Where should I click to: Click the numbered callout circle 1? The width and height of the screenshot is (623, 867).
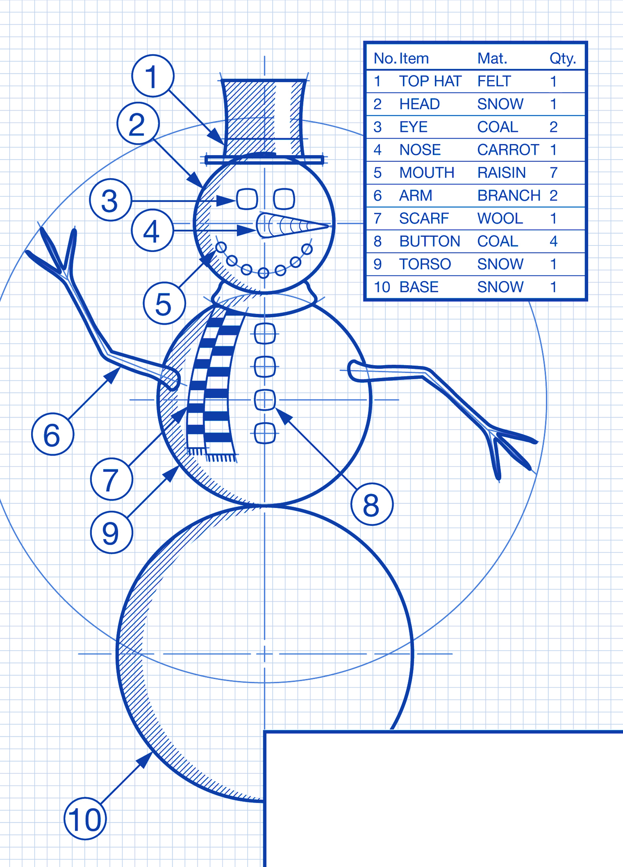coord(153,76)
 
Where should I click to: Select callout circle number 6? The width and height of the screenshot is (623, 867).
coord(53,434)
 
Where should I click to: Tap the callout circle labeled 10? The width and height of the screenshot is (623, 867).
coord(85,819)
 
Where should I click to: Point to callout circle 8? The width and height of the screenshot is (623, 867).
coord(372,505)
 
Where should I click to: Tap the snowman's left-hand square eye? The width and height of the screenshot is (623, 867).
coord(247,199)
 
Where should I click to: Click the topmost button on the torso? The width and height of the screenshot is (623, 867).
coord(265,334)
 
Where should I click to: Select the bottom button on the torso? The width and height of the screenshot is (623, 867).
coord(265,433)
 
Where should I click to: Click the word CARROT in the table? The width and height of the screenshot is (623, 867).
coord(508,150)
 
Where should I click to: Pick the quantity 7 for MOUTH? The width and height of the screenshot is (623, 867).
coord(553,173)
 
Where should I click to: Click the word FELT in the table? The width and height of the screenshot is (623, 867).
coord(494,81)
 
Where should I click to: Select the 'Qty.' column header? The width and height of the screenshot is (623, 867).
coord(562,59)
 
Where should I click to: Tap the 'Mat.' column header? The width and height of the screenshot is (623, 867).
coord(492,59)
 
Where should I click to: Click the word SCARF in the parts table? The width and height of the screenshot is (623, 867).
coord(424,219)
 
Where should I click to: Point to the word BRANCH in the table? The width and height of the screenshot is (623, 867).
coord(509,196)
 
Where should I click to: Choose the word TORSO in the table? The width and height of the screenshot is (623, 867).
coord(425,264)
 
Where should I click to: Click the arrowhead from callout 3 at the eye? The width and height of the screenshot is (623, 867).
coord(227,200)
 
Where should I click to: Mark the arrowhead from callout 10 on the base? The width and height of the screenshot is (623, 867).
coord(144,760)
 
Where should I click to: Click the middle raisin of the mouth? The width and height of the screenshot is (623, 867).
coord(263,273)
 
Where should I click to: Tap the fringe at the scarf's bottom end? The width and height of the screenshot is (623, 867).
coord(212,455)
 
